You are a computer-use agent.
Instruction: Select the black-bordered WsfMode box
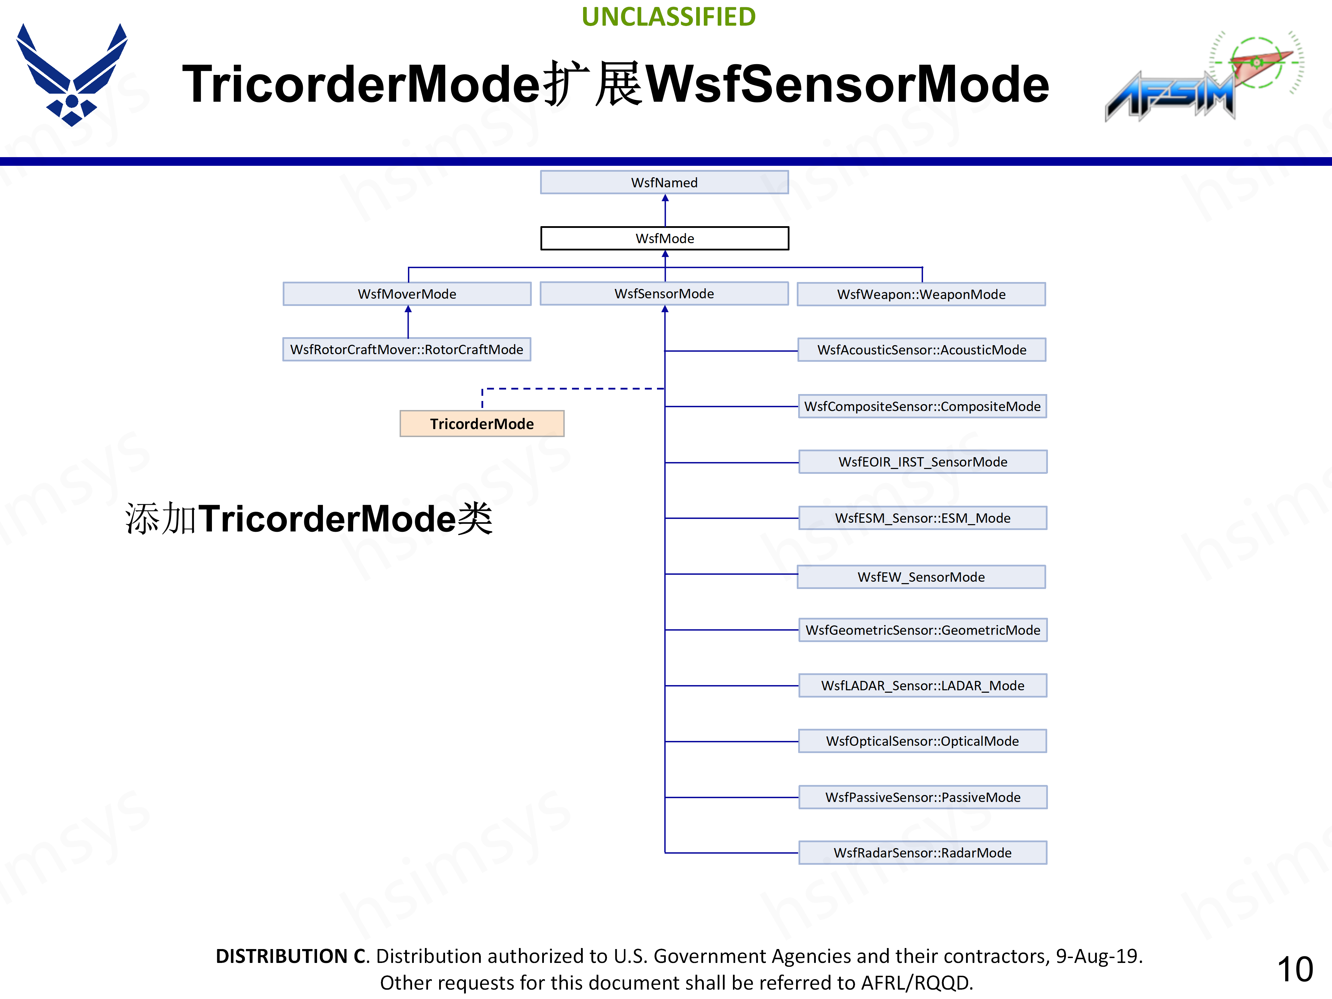pos(664,238)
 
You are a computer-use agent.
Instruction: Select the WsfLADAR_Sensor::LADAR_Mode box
pos(923,686)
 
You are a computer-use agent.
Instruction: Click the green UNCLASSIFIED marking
pos(668,17)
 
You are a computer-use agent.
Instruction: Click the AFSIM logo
pos(1198,78)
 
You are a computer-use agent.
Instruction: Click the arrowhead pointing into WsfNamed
pos(665,198)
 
